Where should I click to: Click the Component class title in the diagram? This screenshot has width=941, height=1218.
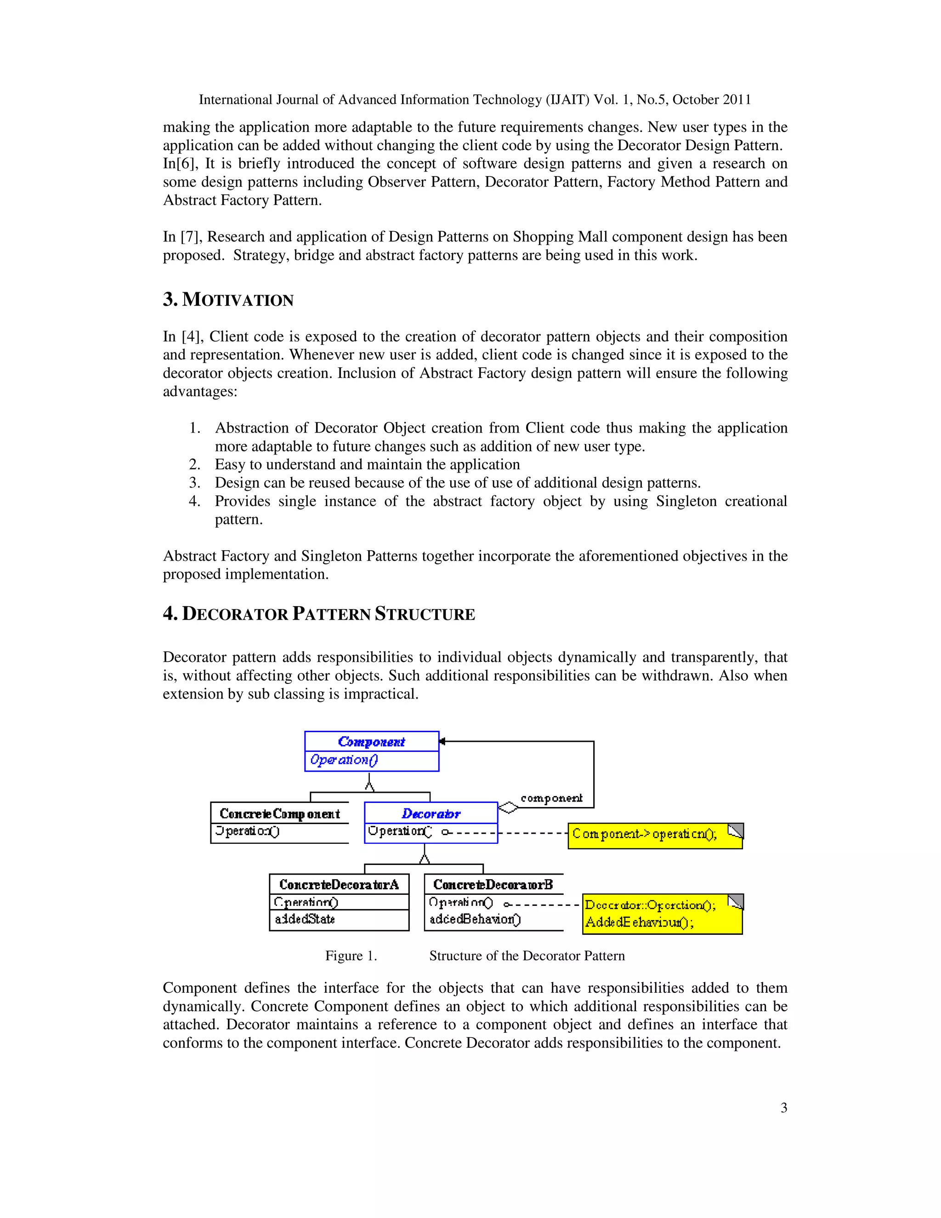[x=371, y=742]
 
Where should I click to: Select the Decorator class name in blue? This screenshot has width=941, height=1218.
[x=431, y=814]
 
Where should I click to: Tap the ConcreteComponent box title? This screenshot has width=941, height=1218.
[x=279, y=814]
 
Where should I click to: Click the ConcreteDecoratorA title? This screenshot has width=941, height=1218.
[x=339, y=884]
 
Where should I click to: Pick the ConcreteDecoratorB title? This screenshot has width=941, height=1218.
[x=493, y=884]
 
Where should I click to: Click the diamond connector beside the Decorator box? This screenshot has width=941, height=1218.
[x=507, y=807]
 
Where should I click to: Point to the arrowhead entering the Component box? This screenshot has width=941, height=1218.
[x=442, y=741]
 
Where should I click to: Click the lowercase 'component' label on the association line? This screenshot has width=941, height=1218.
[x=551, y=798]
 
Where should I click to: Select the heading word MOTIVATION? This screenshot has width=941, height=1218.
[x=238, y=300]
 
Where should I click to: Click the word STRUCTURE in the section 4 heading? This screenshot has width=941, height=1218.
[x=425, y=614]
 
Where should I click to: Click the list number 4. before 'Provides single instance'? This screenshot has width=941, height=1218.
[x=194, y=501]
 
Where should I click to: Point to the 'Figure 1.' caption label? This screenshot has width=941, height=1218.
[x=351, y=956]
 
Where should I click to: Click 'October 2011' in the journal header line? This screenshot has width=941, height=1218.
[x=712, y=100]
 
